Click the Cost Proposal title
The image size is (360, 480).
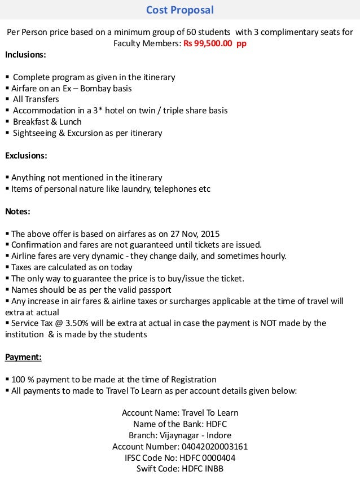(180, 10)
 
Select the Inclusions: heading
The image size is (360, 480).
(26, 55)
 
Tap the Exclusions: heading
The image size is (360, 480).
(26, 155)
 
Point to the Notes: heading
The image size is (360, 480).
(17, 212)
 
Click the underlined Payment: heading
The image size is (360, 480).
(23, 357)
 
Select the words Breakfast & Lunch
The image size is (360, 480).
(47, 122)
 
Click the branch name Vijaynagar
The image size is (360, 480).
(183, 435)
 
